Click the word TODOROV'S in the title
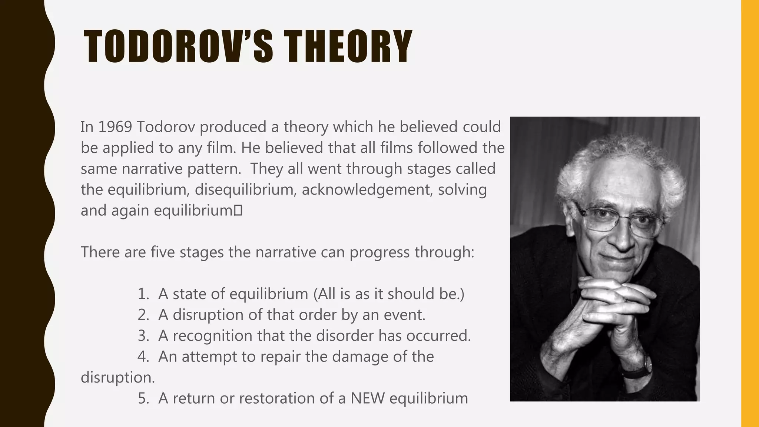(x=178, y=47)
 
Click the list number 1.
(x=143, y=294)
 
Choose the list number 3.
(x=143, y=336)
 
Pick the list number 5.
(x=143, y=398)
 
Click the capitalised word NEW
(x=367, y=398)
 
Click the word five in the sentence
(x=163, y=252)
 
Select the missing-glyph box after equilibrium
(x=238, y=211)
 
